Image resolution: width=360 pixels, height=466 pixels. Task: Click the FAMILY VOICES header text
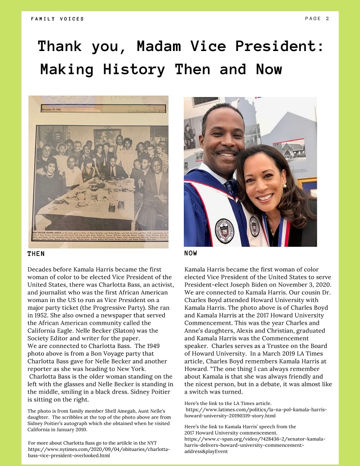click(57, 19)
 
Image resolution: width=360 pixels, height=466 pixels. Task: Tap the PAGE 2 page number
click(317, 19)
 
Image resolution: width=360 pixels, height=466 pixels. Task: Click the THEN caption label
click(36, 253)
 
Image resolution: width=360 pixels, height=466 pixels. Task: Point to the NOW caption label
click(191, 253)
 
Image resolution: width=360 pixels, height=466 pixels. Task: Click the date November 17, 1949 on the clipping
click(54, 109)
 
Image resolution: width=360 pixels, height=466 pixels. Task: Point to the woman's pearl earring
click(285, 186)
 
